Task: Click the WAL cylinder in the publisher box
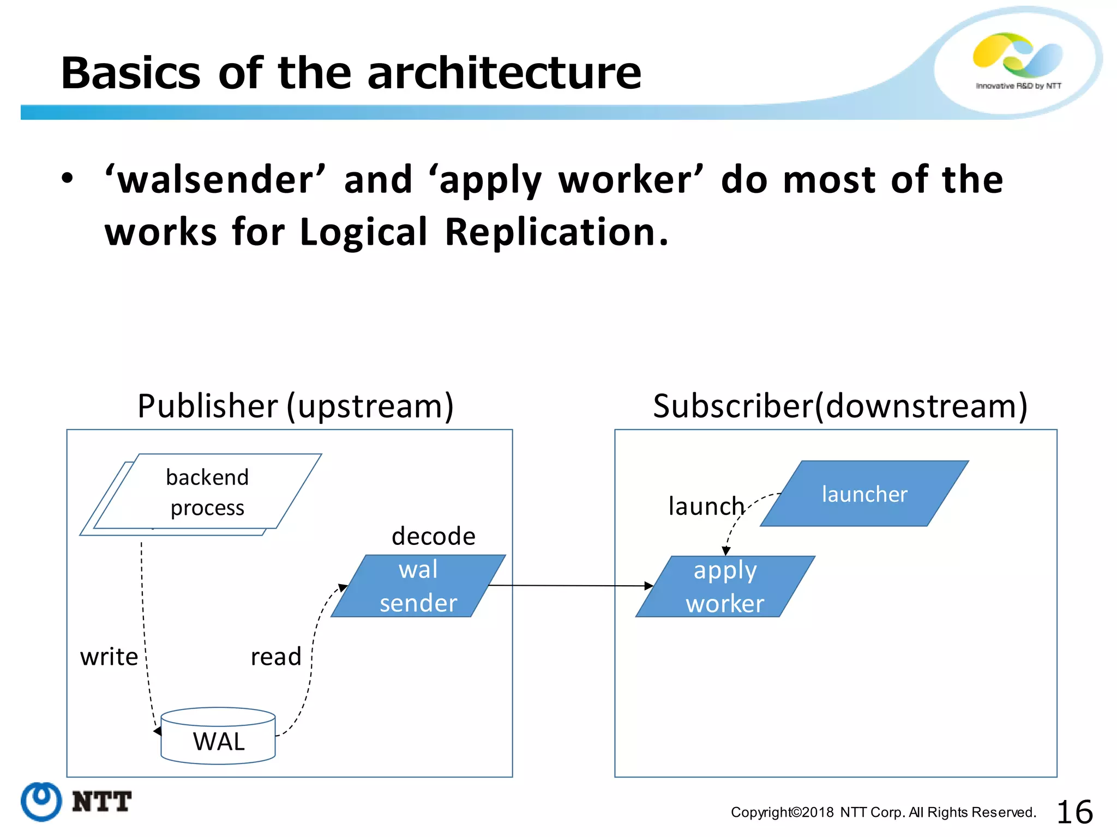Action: (x=218, y=738)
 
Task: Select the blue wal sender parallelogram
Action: (x=418, y=586)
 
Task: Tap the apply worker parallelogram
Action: (x=725, y=587)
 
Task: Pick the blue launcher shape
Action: (x=864, y=494)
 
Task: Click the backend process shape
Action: (x=207, y=492)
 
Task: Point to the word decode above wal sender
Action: (x=434, y=536)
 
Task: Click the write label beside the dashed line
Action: (x=109, y=657)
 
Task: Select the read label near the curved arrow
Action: (x=276, y=657)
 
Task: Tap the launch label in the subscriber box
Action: (x=706, y=506)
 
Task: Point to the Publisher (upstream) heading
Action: (x=295, y=406)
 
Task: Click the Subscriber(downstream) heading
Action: (x=840, y=406)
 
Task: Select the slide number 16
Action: (x=1074, y=812)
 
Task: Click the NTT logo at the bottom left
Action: (x=76, y=802)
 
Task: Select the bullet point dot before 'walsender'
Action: (x=67, y=178)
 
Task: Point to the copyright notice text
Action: (x=883, y=812)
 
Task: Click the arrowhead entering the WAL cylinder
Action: (x=158, y=731)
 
